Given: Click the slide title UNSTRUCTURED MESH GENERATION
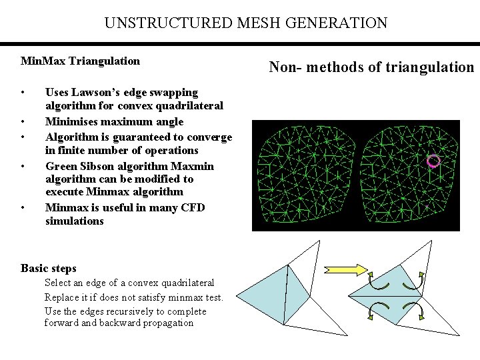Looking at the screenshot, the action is tap(245, 23).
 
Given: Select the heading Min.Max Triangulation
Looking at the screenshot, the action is tap(80, 61).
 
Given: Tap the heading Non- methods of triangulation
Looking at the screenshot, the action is tap(371, 66).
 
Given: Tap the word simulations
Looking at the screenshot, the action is tap(74, 221).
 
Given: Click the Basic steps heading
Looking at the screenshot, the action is tap(48, 268).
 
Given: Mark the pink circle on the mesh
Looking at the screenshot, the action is tap(433, 160).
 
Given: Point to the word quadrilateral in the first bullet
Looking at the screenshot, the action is tap(190, 105).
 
